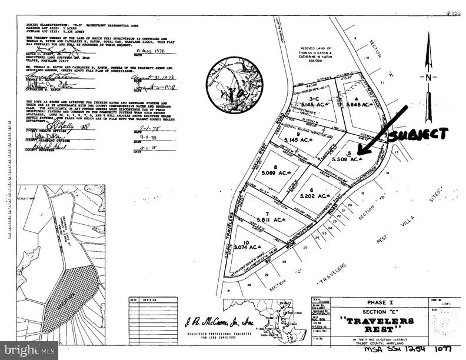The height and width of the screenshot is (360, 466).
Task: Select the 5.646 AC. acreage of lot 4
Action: (360, 105)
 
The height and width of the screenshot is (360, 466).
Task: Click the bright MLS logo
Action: (29, 351)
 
